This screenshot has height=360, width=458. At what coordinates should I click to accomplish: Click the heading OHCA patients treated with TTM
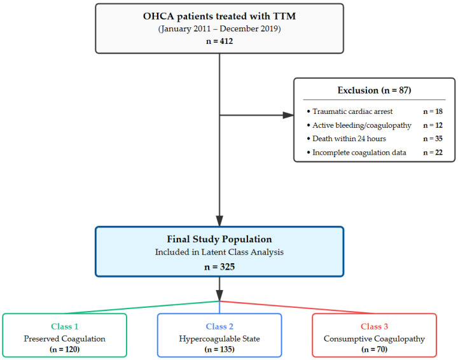point(219,16)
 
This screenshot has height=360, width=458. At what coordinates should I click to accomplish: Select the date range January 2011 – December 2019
point(219,29)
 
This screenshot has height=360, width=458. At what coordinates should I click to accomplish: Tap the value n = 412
point(219,41)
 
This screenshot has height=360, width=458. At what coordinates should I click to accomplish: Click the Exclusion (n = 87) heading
point(374,90)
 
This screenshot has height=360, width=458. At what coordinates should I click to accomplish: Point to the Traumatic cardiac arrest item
point(352,111)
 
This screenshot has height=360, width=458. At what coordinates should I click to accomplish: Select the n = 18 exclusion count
point(433,111)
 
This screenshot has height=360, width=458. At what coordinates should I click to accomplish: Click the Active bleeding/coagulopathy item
point(361,125)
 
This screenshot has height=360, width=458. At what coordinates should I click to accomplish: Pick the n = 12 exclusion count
point(433,125)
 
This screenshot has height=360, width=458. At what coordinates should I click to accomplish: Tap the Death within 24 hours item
point(349,139)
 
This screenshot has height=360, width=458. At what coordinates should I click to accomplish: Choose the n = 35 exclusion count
point(433,139)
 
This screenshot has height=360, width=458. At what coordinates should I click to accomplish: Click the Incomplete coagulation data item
point(359,153)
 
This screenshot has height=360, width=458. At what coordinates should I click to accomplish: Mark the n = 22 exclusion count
point(433,153)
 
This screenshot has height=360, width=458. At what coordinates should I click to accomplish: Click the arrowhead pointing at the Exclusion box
point(288,115)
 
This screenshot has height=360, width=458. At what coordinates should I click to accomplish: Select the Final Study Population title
point(219,239)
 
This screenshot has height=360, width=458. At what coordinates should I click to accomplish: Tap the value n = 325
point(219,267)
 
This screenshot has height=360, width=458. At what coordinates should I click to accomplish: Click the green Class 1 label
point(64,326)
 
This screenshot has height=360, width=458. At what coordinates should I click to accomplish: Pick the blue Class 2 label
point(219,326)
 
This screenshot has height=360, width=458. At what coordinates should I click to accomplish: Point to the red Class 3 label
point(374,326)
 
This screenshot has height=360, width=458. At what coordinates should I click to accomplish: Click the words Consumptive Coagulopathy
point(374,338)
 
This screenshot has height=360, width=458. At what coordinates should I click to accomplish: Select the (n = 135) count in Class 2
point(219,349)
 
